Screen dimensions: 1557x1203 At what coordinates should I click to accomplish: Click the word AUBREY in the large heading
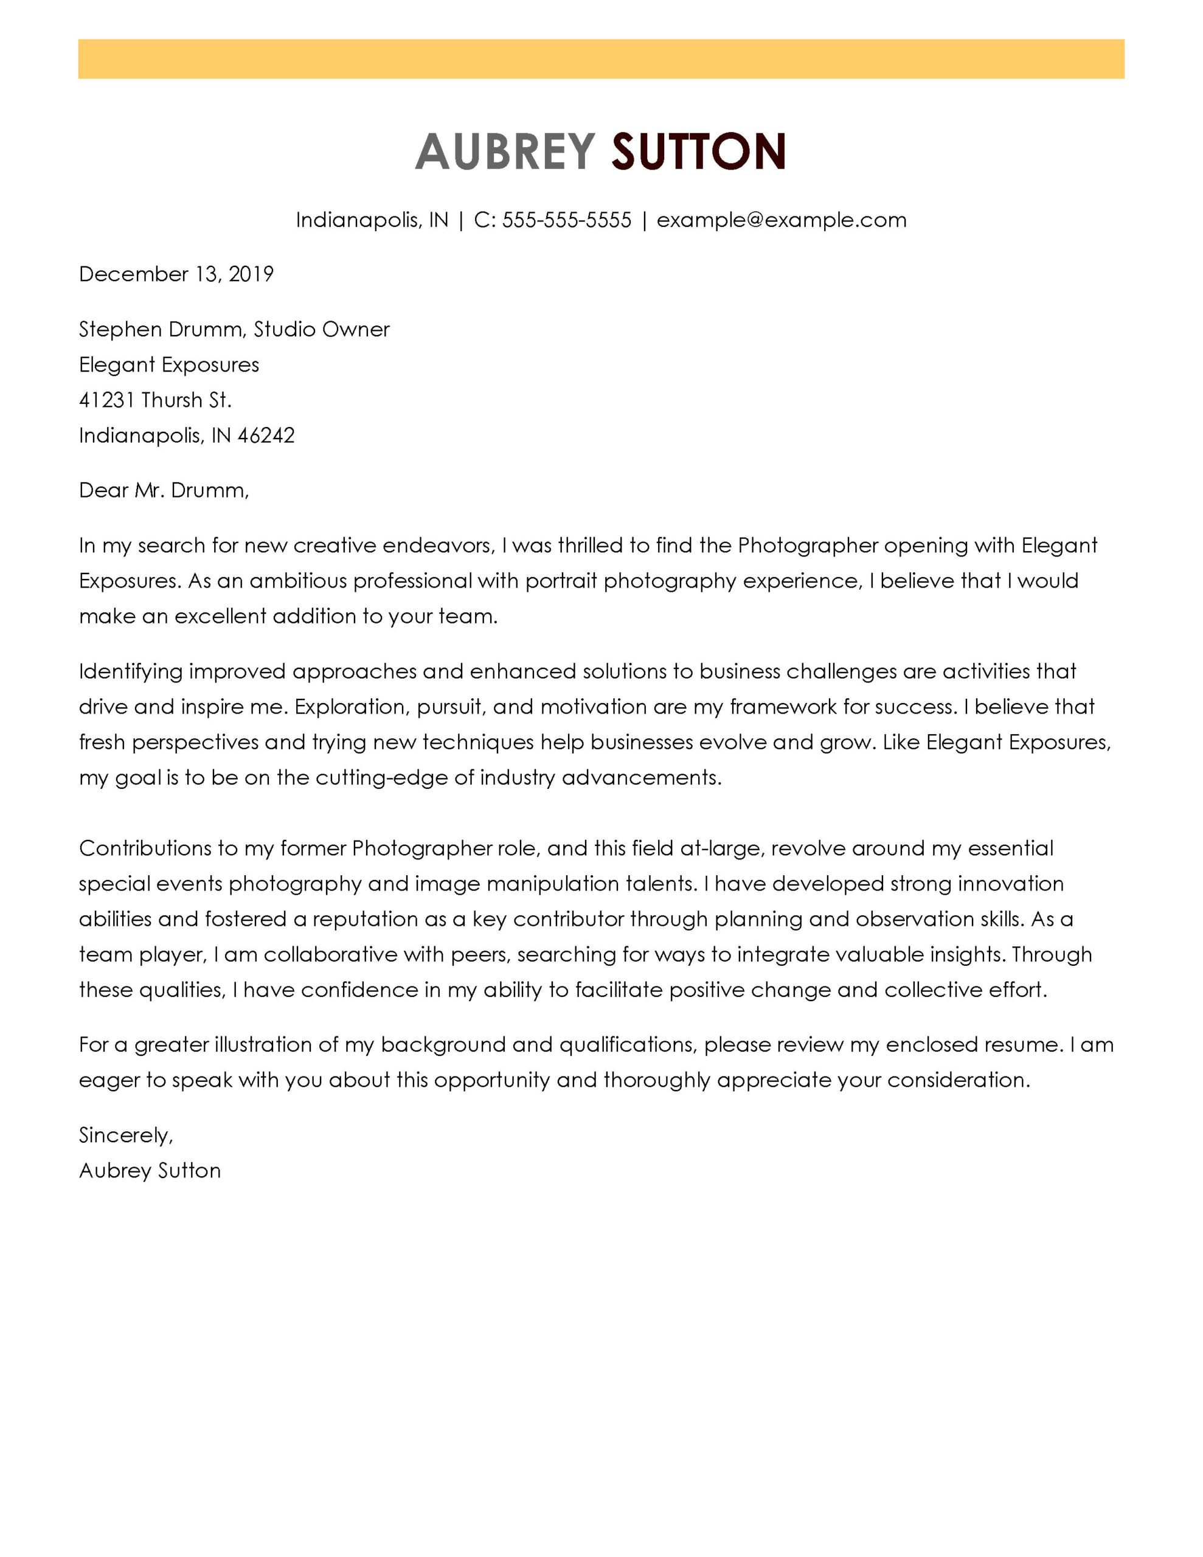(504, 152)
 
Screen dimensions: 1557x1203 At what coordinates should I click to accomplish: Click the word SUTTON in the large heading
(698, 152)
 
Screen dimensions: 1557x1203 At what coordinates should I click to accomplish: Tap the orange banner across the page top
(601, 59)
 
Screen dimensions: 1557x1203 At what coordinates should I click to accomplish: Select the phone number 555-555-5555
(566, 220)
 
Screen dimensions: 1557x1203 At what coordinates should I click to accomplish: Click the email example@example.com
(781, 220)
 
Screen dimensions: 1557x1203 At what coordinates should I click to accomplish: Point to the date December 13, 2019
(176, 274)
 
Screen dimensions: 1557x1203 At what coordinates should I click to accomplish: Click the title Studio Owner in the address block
(322, 330)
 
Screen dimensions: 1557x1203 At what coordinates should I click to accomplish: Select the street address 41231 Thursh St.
(156, 400)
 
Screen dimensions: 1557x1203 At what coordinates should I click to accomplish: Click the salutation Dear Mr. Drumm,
(164, 490)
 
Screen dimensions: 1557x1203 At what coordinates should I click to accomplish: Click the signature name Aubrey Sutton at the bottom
(150, 1171)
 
